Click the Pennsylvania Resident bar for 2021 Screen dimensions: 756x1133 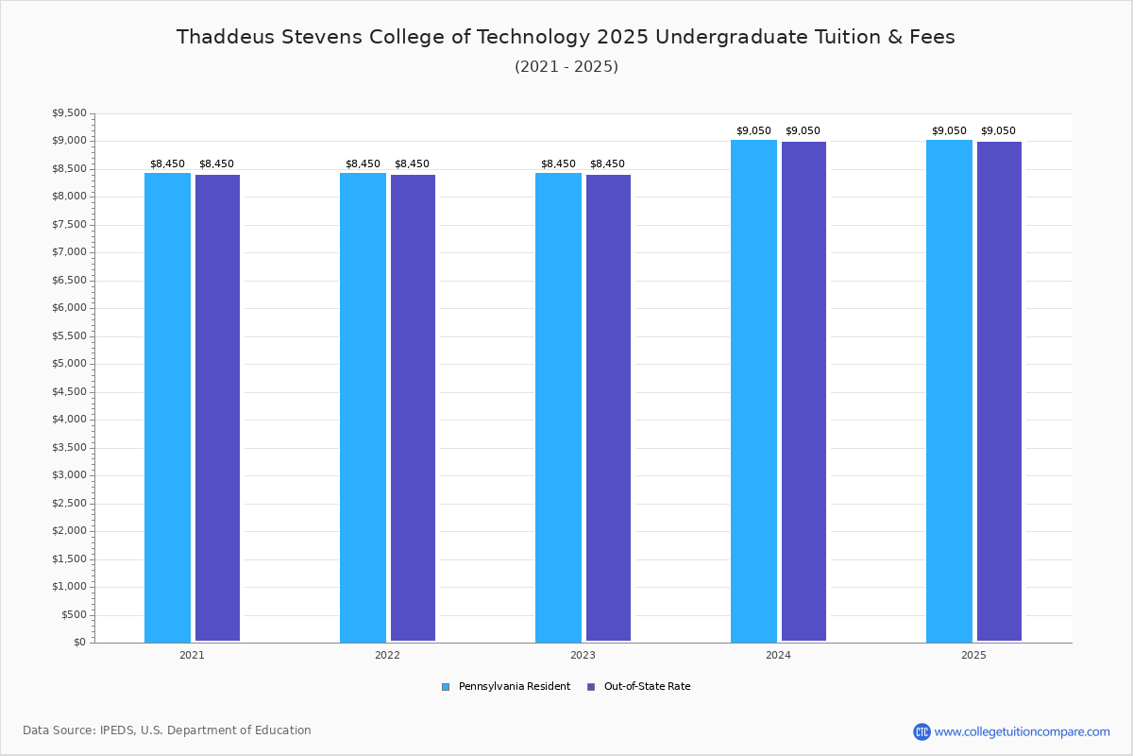click(167, 407)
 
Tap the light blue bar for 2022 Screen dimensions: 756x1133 click(363, 407)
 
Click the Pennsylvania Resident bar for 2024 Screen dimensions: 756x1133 click(753, 391)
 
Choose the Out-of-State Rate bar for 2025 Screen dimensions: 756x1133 click(999, 391)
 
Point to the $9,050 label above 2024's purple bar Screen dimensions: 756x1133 click(803, 131)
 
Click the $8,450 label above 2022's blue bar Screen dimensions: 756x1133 click(363, 164)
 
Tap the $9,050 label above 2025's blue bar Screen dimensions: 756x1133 click(949, 131)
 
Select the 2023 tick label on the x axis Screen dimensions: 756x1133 click(583, 655)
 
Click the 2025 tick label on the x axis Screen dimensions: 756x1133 click(973, 655)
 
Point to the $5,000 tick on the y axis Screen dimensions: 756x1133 click(68, 364)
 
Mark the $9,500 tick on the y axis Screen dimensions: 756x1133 click(68, 113)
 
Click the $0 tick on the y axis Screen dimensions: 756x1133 click(79, 643)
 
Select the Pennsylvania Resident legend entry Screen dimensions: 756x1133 click(506, 687)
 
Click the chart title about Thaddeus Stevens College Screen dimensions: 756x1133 click(566, 37)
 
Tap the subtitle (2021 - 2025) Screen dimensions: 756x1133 click(566, 67)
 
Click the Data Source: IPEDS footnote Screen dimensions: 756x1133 click(167, 730)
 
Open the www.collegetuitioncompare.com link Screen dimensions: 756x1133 click(1022, 731)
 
